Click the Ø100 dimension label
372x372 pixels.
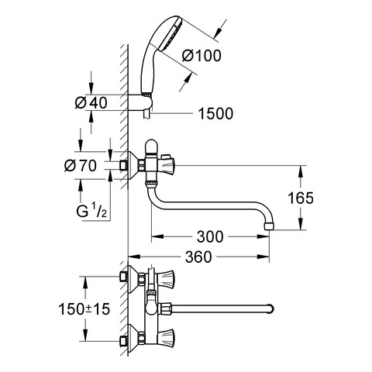click(201, 55)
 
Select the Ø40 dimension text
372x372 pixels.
click(91, 103)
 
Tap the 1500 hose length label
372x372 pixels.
click(215, 113)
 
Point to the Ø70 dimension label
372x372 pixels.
click(81, 166)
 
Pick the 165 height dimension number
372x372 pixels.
click(301, 198)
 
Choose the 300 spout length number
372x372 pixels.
click(210, 236)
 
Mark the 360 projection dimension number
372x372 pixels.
click(198, 257)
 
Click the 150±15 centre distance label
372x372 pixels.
click(84, 309)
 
